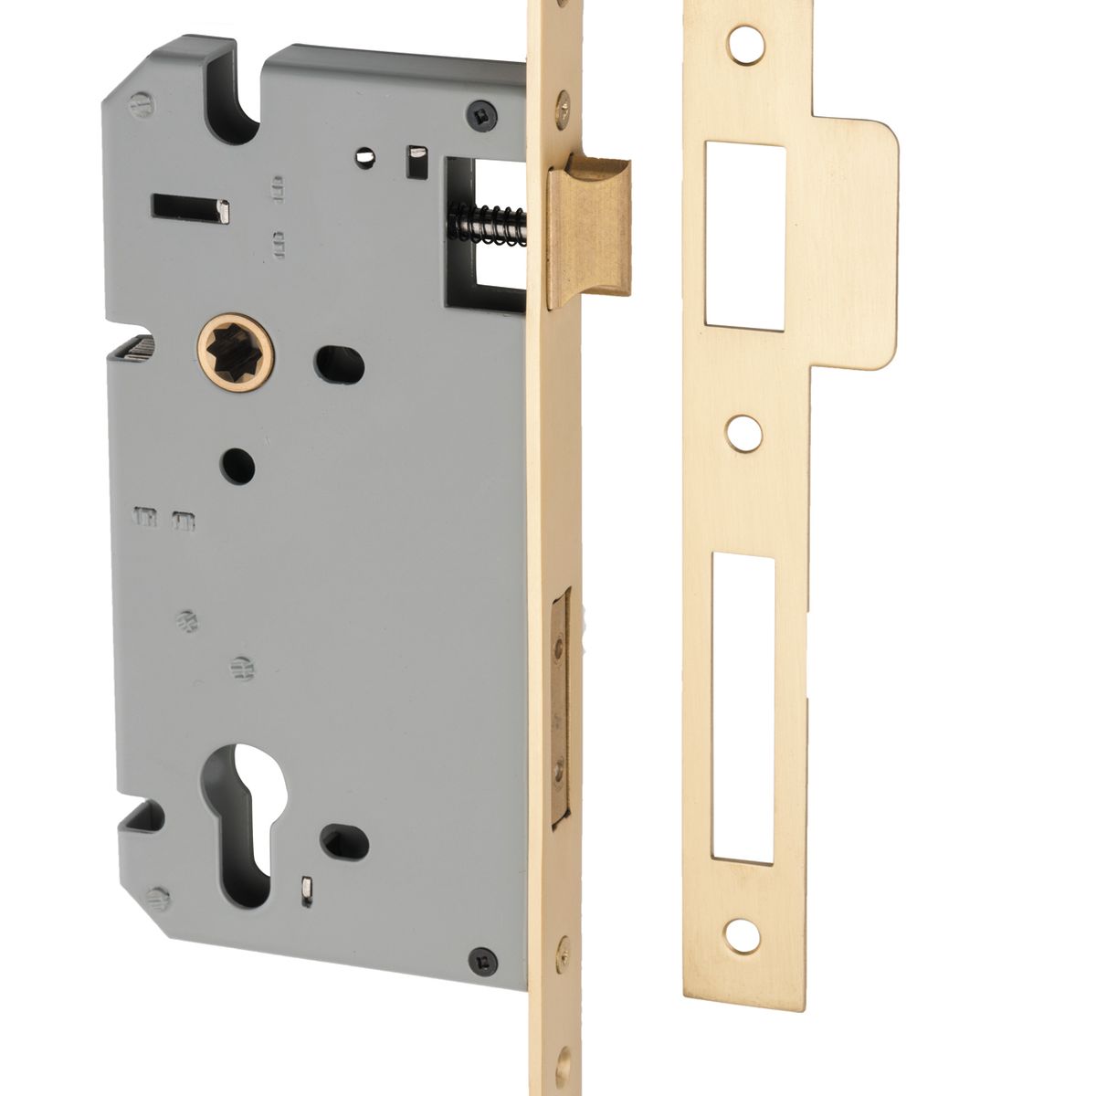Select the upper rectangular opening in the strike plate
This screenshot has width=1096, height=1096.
pos(743,234)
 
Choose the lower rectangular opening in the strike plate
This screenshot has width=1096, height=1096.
pos(743,708)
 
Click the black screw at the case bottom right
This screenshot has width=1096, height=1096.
pos(485,960)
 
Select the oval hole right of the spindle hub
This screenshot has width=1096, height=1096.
pos(339,364)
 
